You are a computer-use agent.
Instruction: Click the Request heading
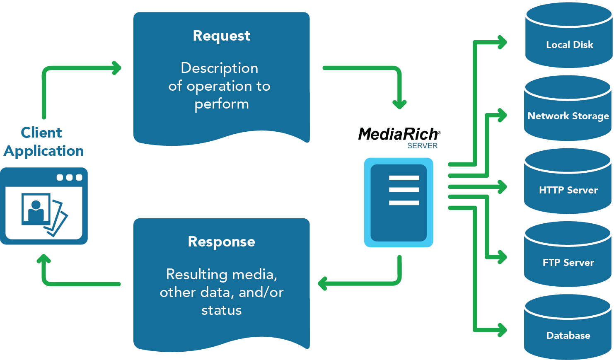222,36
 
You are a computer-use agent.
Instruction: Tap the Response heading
222,242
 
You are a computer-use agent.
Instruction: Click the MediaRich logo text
399,134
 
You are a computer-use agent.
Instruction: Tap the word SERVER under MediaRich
422,146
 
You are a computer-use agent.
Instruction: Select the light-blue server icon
399,203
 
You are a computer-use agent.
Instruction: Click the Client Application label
44,142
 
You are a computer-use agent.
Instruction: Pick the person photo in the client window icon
36,210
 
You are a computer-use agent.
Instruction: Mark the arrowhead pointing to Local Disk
502,42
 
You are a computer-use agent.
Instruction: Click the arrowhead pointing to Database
502,330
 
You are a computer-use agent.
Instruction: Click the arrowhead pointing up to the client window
44,260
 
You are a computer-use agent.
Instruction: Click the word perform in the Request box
222,104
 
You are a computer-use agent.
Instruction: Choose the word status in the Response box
222,310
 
